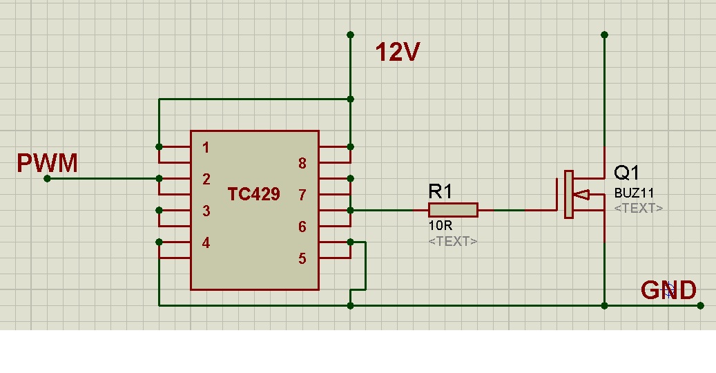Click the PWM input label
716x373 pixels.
(x=47, y=164)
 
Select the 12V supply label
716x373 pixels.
(x=397, y=52)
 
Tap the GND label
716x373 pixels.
(x=668, y=291)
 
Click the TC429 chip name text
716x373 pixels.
(x=253, y=195)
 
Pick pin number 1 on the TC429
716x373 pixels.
(x=206, y=148)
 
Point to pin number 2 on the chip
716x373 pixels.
(x=206, y=180)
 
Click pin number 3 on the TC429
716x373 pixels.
(x=206, y=211)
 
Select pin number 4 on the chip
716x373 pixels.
(x=206, y=243)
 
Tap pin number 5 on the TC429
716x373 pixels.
(x=302, y=259)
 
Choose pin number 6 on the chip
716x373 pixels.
(x=302, y=227)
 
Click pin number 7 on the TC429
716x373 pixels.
(x=302, y=195)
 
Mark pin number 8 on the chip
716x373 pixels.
(x=302, y=164)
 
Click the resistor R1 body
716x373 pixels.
(x=453, y=210)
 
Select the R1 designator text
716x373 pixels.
(x=441, y=191)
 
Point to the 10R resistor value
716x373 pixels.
(x=440, y=226)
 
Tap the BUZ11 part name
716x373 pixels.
(x=633, y=194)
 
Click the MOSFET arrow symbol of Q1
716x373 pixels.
(x=581, y=195)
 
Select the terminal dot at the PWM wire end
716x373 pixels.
(x=47, y=179)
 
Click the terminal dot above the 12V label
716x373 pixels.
(x=350, y=35)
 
